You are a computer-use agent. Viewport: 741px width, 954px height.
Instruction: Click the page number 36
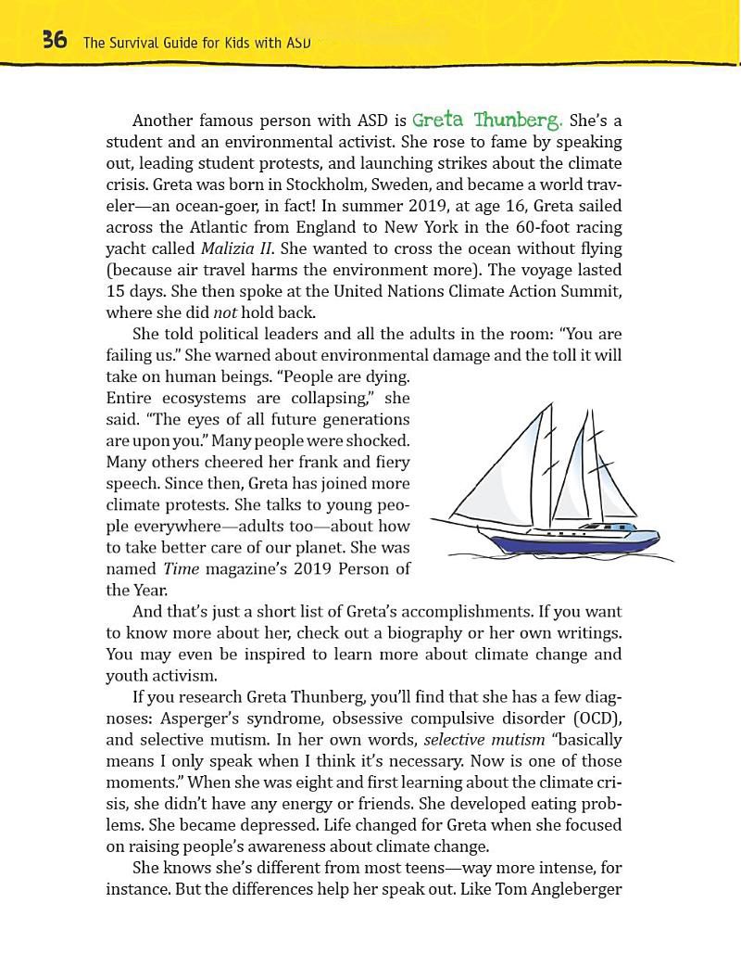click(x=53, y=40)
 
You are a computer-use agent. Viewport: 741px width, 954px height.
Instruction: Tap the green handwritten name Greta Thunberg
click(x=487, y=121)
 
